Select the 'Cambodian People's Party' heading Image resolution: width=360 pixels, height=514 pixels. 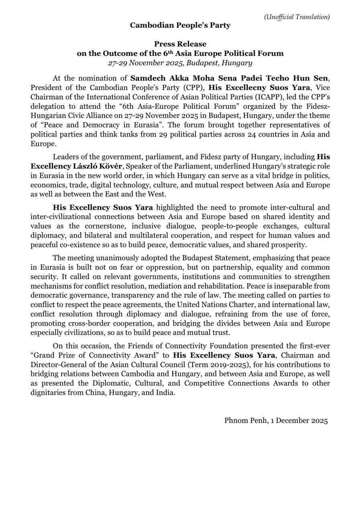tap(180, 25)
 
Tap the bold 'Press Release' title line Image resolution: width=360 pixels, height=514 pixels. tap(180, 44)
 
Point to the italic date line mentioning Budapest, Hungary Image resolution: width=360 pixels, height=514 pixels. tap(180, 63)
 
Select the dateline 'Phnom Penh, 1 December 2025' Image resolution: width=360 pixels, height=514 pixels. tap(276, 420)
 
